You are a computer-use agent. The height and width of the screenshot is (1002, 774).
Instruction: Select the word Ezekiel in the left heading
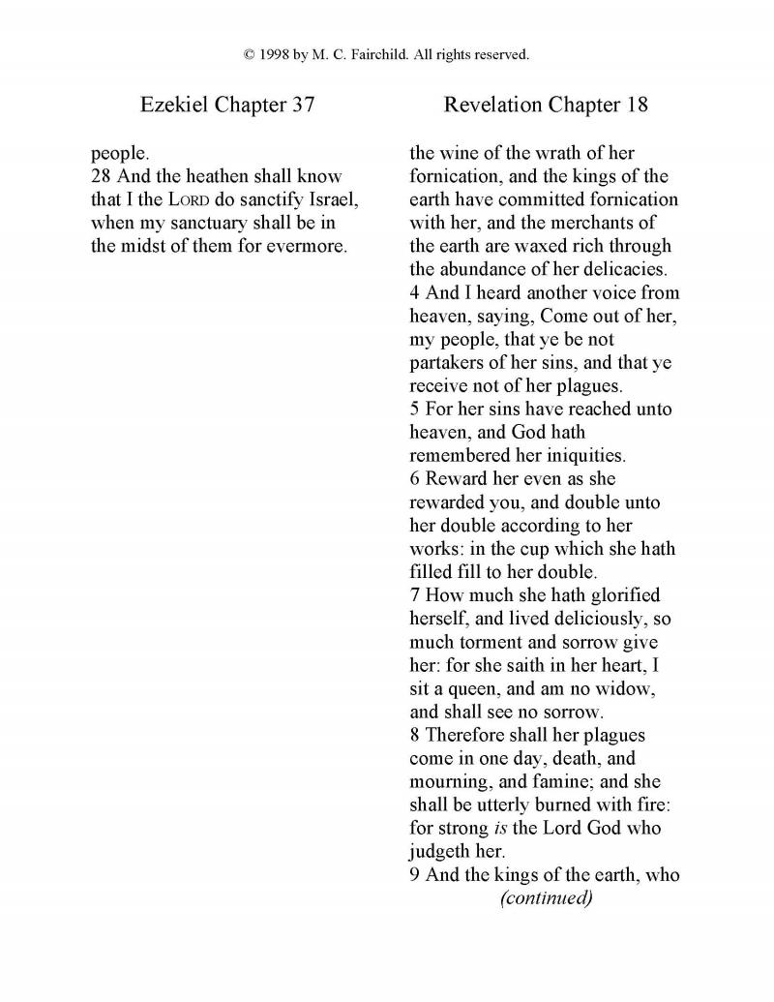(x=170, y=105)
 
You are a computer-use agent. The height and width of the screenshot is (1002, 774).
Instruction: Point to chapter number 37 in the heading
(x=303, y=105)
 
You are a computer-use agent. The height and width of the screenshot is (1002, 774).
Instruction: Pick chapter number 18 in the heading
(x=636, y=105)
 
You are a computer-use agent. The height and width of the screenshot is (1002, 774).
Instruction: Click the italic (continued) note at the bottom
(x=545, y=897)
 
